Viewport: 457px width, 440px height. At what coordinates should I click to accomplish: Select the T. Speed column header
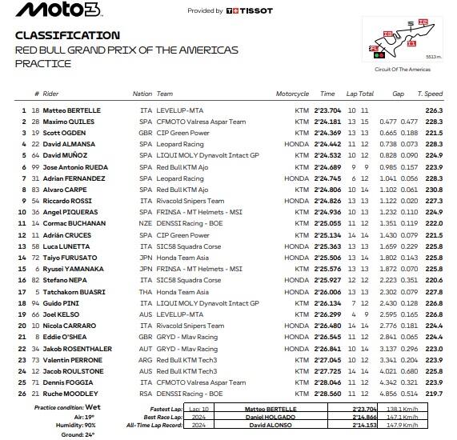(x=432, y=94)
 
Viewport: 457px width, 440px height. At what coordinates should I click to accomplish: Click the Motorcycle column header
(x=293, y=94)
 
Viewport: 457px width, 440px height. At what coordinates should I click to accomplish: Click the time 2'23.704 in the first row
(x=329, y=110)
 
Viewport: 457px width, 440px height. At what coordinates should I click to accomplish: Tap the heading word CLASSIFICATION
(x=68, y=35)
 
